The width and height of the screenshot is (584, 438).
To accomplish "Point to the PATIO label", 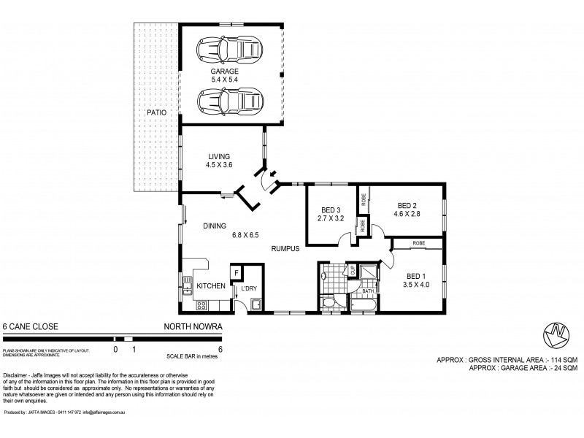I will click(155, 113).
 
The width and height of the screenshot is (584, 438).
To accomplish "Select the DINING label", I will click(215, 226).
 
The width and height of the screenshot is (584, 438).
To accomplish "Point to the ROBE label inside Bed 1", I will click(419, 243).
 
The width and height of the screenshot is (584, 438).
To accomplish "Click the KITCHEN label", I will click(212, 286).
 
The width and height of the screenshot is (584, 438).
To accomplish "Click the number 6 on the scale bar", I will click(220, 350).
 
